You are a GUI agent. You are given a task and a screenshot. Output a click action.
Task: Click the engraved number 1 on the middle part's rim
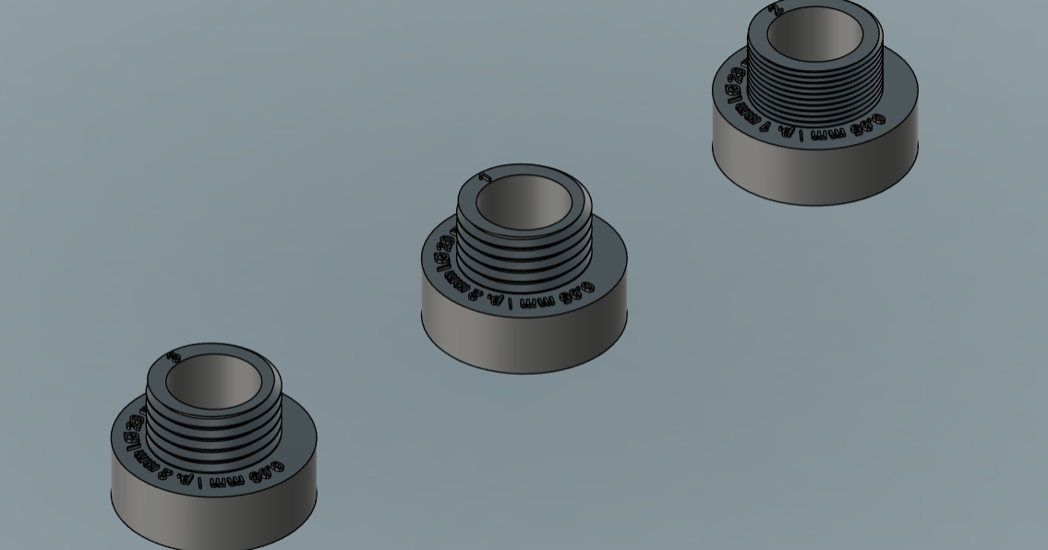[x=487, y=176]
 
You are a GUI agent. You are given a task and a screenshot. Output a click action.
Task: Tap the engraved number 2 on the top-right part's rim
[x=777, y=9]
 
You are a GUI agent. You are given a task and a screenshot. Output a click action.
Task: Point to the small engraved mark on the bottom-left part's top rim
[x=175, y=356]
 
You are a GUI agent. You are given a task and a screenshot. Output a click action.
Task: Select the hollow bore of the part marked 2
[x=814, y=34]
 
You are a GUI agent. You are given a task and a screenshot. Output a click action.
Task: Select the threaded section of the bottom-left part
[x=214, y=429]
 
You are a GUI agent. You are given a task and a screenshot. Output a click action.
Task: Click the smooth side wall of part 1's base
[x=524, y=337]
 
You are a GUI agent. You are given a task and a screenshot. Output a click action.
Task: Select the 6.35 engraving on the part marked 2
[x=868, y=124]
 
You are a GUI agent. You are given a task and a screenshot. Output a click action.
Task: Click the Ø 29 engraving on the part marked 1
[x=444, y=251]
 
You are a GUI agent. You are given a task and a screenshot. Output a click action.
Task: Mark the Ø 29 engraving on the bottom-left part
[x=133, y=428]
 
